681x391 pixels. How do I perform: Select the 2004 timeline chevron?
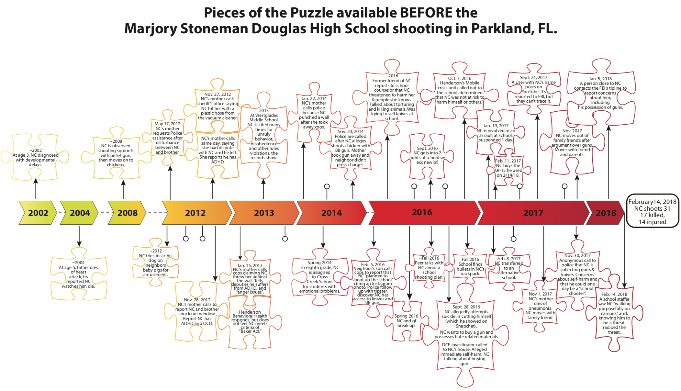(x=80, y=213)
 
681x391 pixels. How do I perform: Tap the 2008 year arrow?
(x=127, y=213)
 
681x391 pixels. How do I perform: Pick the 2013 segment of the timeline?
(x=264, y=213)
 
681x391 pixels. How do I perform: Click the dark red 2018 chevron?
(x=606, y=213)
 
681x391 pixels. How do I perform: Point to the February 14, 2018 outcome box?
(x=652, y=212)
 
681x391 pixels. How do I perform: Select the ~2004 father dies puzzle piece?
(x=78, y=274)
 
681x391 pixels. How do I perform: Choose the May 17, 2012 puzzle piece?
(x=167, y=138)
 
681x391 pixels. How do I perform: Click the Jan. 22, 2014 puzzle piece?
(x=314, y=113)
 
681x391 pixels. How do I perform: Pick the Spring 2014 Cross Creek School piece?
(x=319, y=277)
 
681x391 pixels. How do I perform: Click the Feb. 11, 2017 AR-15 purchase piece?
(x=508, y=168)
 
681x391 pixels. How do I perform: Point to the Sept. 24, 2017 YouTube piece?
(x=533, y=89)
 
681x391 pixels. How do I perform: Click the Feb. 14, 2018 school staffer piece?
(x=614, y=313)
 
